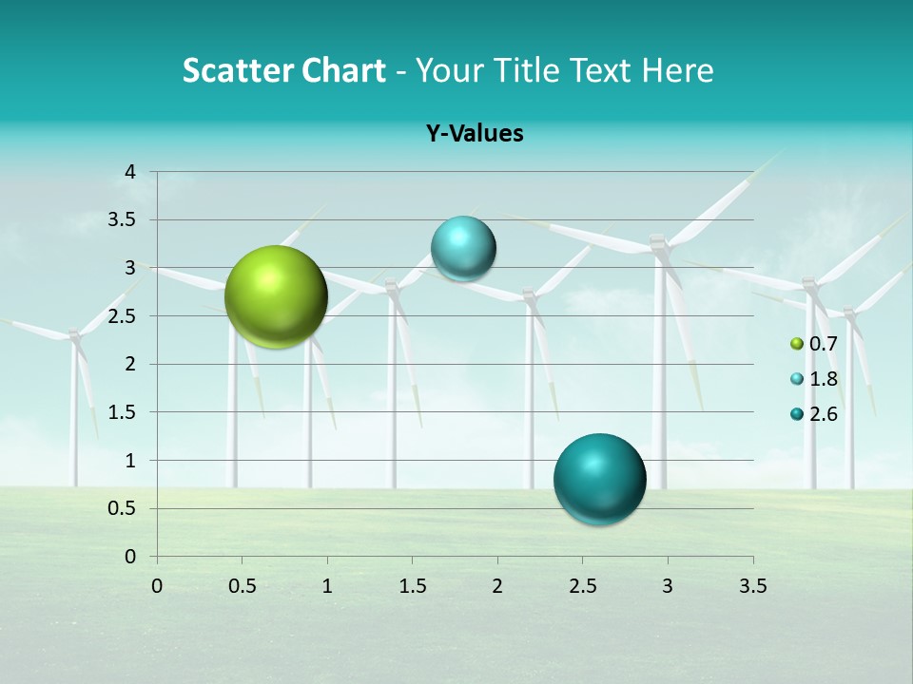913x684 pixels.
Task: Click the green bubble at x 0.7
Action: click(276, 296)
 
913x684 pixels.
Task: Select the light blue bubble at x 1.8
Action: click(463, 249)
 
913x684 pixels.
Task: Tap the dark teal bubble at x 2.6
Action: click(599, 479)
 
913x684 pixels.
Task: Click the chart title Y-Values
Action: click(474, 134)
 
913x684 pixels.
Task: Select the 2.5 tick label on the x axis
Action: click(582, 586)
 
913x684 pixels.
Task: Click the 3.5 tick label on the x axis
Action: click(752, 586)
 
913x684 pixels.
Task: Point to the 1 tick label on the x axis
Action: click(327, 586)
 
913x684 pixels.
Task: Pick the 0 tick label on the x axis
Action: click(157, 586)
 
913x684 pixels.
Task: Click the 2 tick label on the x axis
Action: click(497, 586)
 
